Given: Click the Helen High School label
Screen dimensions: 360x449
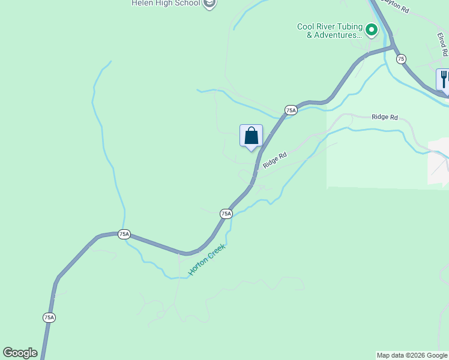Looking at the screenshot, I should click(x=166, y=4).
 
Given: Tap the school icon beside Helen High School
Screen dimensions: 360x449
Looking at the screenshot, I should click(x=209, y=4).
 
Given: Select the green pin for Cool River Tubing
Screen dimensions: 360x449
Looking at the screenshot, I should click(x=372, y=29).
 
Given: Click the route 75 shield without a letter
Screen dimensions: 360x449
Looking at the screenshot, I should click(x=401, y=58).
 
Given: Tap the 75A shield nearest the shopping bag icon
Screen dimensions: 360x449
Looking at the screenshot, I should click(x=291, y=110).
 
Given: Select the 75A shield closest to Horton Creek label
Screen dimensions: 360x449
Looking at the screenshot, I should click(x=226, y=214).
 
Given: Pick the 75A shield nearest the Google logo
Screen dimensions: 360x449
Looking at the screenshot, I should click(x=49, y=317).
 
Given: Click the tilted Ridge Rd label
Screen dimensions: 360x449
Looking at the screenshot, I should click(x=275, y=159).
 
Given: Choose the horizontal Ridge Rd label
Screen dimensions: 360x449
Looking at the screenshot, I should click(x=384, y=117).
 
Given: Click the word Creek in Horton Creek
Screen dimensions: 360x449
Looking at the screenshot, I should click(x=215, y=249).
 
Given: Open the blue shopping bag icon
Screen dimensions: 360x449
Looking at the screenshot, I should click(x=251, y=136).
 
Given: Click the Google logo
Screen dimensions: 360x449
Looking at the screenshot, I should click(x=20, y=353).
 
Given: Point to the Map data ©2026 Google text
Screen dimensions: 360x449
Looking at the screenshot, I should click(x=412, y=355).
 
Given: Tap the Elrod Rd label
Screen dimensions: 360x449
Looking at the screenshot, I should click(x=442, y=44).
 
